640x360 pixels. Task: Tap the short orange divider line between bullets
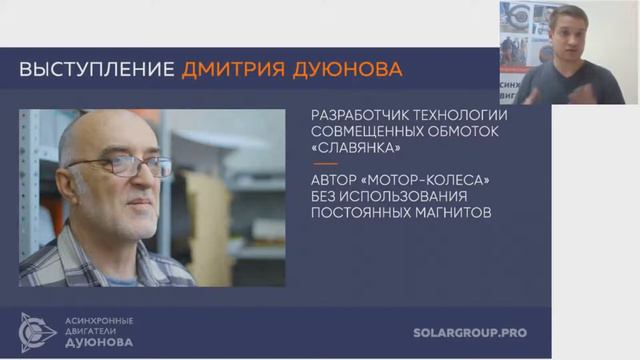tap(325, 164)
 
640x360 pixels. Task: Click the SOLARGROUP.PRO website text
tap(469, 332)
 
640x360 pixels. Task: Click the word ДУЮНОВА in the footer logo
tap(99, 341)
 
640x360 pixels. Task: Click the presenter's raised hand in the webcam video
tap(536, 84)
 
